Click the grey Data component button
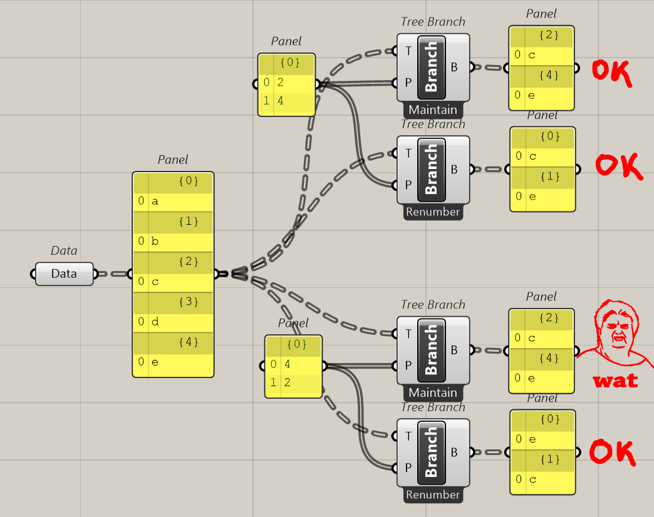click(64, 274)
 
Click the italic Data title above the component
click(64, 251)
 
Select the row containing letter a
click(173, 202)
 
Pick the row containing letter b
click(173, 242)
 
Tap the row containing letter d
click(173, 322)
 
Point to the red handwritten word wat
click(615, 380)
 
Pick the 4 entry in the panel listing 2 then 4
click(286, 101)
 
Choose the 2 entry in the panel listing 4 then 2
click(293, 382)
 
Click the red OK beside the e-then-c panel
click(611, 453)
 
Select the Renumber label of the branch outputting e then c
click(433, 495)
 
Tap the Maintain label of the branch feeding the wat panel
click(433, 393)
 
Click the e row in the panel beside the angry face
click(541, 378)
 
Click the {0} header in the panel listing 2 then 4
click(286, 63)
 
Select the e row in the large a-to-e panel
click(173, 362)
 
